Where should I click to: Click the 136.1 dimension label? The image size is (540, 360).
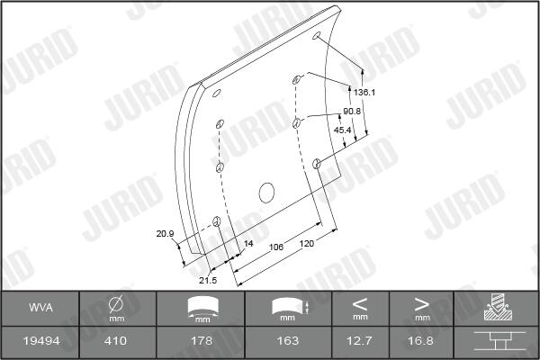coord(364,93)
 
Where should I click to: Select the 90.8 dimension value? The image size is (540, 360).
coord(352,112)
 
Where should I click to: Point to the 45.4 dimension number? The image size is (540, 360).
coord(342,130)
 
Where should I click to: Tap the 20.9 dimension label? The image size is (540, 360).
coord(165,234)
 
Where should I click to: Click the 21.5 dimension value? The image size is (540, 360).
coord(208,281)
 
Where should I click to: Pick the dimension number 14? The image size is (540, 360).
coord(248,244)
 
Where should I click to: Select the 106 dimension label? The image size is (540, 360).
coord(276,247)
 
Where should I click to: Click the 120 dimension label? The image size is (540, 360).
coord(307,244)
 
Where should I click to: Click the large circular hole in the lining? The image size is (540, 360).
coord(266,193)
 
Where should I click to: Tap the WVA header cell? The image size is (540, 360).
coord(41,308)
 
